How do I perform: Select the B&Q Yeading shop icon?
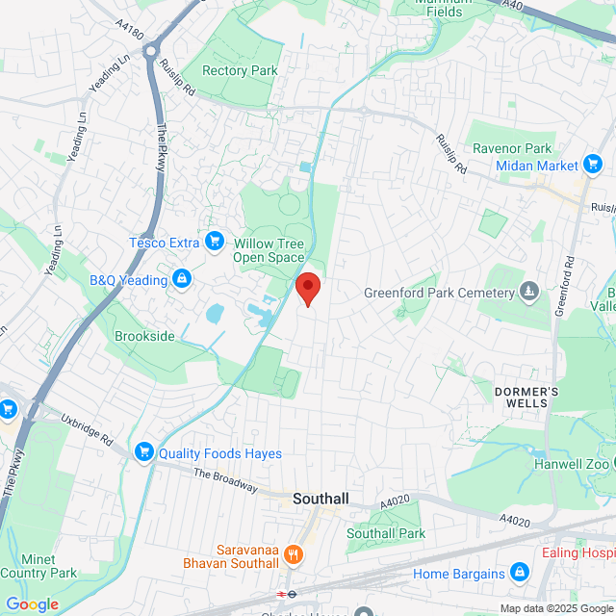180,280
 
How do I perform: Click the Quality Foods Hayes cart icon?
144,452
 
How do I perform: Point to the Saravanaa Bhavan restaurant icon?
294,553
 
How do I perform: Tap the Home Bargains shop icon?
520,574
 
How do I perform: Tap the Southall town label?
321,500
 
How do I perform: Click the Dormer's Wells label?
521,397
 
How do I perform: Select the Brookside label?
144,336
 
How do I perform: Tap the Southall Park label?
386,533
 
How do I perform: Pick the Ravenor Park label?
512,148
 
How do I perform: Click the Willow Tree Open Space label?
269,250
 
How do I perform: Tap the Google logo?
32,603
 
